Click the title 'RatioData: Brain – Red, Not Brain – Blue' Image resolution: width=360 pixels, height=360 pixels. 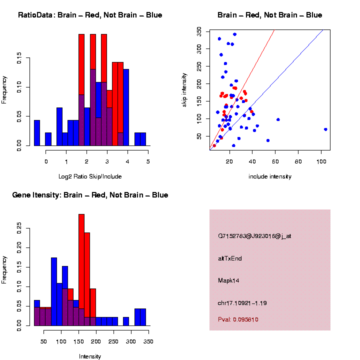(x=90, y=15)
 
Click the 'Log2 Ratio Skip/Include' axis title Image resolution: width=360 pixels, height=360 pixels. (x=90, y=176)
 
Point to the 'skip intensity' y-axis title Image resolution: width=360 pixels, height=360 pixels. (x=184, y=89)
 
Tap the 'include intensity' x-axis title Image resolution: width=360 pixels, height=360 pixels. (x=270, y=176)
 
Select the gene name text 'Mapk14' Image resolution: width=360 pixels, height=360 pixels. (x=228, y=280)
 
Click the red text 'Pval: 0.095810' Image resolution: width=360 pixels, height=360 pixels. (x=238, y=319)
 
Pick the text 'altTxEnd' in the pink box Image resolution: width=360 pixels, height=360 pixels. (x=230, y=258)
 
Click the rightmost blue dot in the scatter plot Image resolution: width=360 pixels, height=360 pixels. (x=325, y=129)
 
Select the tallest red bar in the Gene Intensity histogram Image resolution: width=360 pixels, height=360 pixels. (x=81, y=270)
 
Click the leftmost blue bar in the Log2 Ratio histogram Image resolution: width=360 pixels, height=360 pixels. (x=37, y=133)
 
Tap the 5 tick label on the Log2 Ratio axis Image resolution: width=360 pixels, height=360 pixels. (x=148, y=161)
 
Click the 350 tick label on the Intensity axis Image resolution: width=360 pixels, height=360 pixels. (x=148, y=341)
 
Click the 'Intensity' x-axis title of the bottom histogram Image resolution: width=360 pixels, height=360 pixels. (x=90, y=356)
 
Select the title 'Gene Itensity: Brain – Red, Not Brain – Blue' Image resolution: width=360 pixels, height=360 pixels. (x=90, y=195)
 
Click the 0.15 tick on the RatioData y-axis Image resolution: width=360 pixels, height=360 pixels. (x=19, y=58)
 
